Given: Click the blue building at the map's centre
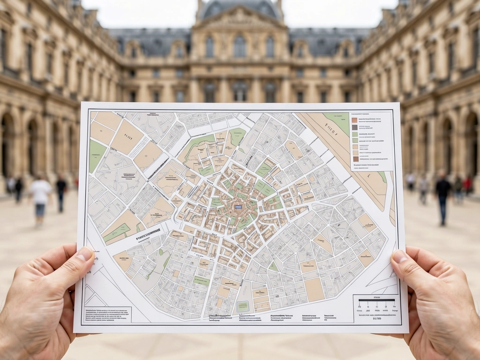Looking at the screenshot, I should [x=238, y=207].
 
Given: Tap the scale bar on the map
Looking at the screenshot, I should [x=376, y=300].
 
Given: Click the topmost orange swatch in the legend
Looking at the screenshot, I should [x=355, y=120].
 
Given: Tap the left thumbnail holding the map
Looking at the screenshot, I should [x=85, y=254].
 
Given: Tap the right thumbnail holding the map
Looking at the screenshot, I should [x=399, y=256].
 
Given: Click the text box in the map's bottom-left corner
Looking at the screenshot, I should [x=108, y=314].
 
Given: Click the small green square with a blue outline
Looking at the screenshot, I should [x=242, y=307].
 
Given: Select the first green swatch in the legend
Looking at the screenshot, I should [x=355, y=134].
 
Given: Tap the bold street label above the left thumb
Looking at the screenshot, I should [x=148, y=233].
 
